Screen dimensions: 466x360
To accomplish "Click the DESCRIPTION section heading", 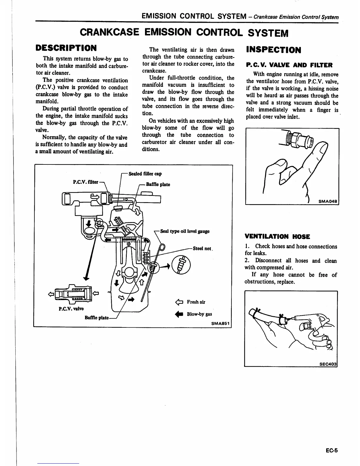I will [66, 48].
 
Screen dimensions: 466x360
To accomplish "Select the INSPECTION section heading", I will [274, 50].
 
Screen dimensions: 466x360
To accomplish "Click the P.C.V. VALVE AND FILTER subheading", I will [289, 65].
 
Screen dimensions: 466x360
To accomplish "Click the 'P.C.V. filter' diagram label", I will [85, 182].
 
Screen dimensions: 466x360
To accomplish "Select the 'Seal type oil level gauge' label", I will [185, 231].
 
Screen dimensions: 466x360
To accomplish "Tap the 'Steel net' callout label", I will [202, 248].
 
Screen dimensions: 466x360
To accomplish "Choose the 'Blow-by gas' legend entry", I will [199, 314].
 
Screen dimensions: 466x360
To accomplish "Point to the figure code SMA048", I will [328, 202].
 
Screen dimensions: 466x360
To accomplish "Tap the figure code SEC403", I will [328, 364].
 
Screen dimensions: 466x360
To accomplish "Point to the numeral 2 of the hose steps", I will [246, 260].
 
